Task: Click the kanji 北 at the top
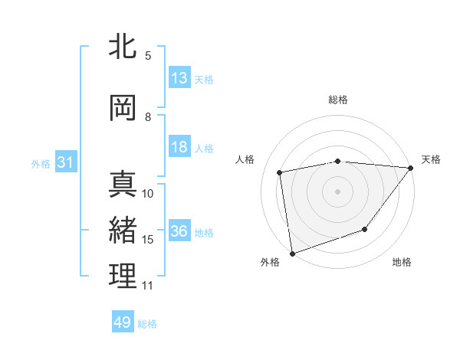pyautogui.click(x=123, y=47)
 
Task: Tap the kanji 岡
pyautogui.click(x=123, y=108)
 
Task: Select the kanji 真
pyautogui.click(x=123, y=184)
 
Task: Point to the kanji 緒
pyautogui.click(x=123, y=231)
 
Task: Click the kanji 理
pyautogui.click(x=123, y=277)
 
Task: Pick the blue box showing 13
pyautogui.click(x=179, y=78)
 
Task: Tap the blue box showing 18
pyautogui.click(x=179, y=147)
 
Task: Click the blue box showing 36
pyautogui.click(x=179, y=231)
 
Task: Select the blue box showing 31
pyautogui.click(x=65, y=162)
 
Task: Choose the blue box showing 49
pyautogui.click(x=123, y=322)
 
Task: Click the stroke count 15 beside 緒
pyautogui.click(x=148, y=240)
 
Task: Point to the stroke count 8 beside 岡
pyautogui.click(x=148, y=117)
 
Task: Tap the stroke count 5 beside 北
pyautogui.click(x=148, y=56)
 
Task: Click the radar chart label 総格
pyautogui.click(x=338, y=100)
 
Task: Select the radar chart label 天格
pyautogui.click(x=431, y=159)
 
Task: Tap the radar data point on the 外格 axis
pyautogui.click(x=292, y=253)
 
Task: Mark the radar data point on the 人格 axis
pyautogui.click(x=280, y=172)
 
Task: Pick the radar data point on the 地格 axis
pyautogui.click(x=366, y=229)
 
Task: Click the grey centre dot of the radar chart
pyautogui.click(x=338, y=191)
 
